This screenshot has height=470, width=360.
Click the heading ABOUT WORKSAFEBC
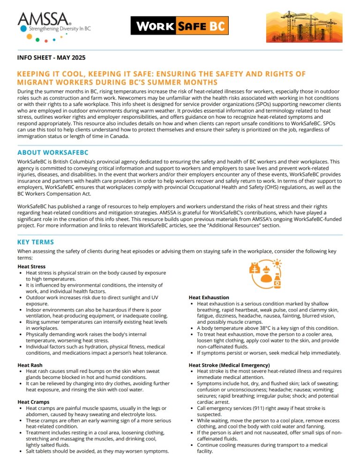click(53, 152)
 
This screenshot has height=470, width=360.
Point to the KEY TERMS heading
click(36, 242)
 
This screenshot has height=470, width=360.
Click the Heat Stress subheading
click(31, 266)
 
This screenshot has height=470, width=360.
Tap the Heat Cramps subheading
click(34, 402)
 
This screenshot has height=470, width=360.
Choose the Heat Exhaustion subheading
click(209, 297)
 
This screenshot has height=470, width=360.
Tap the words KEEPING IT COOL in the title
click(48, 74)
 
